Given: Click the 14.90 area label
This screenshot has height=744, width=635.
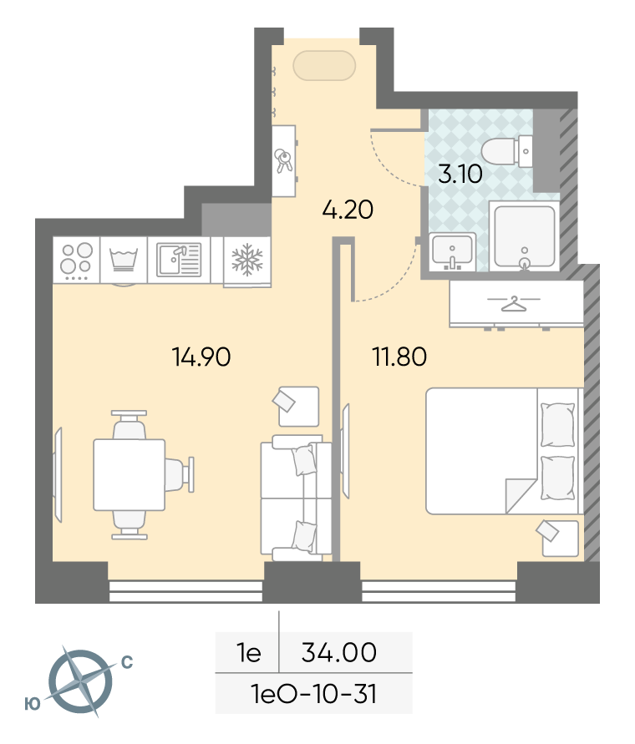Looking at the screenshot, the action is [201, 357].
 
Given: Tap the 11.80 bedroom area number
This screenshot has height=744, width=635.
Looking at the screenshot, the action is [399, 357].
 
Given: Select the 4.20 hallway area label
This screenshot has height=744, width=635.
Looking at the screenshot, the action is [348, 210].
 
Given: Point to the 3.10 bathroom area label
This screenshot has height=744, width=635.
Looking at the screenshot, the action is [460, 174].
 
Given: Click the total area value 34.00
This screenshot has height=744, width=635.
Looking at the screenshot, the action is [339, 652].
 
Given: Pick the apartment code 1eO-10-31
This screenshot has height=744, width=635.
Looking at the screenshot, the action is [314, 694].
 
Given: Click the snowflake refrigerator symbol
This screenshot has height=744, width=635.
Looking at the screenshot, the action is [247, 260].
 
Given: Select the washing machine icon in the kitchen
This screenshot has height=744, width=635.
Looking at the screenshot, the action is [124, 260].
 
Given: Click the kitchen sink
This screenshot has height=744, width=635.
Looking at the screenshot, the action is [179, 260].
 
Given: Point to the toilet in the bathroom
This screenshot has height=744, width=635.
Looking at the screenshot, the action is [506, 151].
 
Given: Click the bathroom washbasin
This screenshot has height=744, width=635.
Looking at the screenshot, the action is [452, 251].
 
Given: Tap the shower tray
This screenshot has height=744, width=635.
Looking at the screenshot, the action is [525, 235].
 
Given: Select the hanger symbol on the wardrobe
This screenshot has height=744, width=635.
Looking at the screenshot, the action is [514, 304].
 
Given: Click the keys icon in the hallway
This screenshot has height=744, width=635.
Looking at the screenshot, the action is [284, 161].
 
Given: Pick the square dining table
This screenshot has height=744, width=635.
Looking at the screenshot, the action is [130, 474].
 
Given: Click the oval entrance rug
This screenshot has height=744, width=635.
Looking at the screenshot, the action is [324, 65].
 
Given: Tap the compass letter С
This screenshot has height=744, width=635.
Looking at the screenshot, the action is [127, 662].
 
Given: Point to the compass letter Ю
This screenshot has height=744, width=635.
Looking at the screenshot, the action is [33, 704].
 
